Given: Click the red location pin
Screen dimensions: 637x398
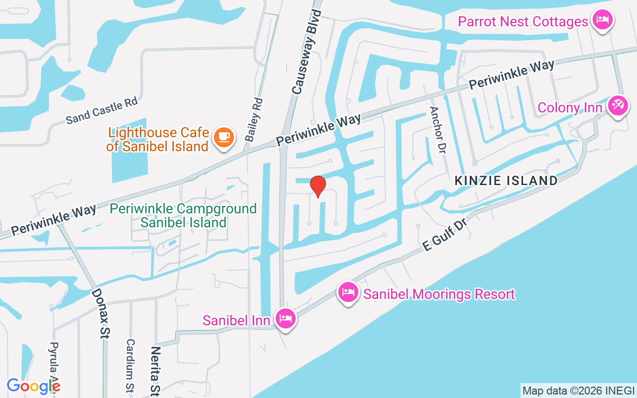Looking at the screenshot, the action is pos(318,187).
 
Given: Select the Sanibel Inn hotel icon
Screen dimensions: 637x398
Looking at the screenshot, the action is pos(285,317).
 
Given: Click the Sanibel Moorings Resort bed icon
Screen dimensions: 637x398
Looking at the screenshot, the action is pos(348,293).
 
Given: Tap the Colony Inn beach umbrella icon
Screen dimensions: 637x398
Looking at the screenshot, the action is pos(619,106).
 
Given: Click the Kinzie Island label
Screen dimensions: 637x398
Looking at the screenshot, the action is pos(506,181).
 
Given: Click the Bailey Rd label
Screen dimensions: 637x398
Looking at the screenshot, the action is pos(254,119).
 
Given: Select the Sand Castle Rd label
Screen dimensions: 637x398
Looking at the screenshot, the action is pos(102,110).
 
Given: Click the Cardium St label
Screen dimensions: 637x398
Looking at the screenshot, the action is pos(130,366).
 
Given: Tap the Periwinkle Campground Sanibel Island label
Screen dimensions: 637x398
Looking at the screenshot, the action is pos(183,215).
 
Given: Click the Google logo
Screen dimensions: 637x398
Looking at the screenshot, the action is pos(33,386).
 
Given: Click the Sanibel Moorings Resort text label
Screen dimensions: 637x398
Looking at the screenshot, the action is pos(439,294).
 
